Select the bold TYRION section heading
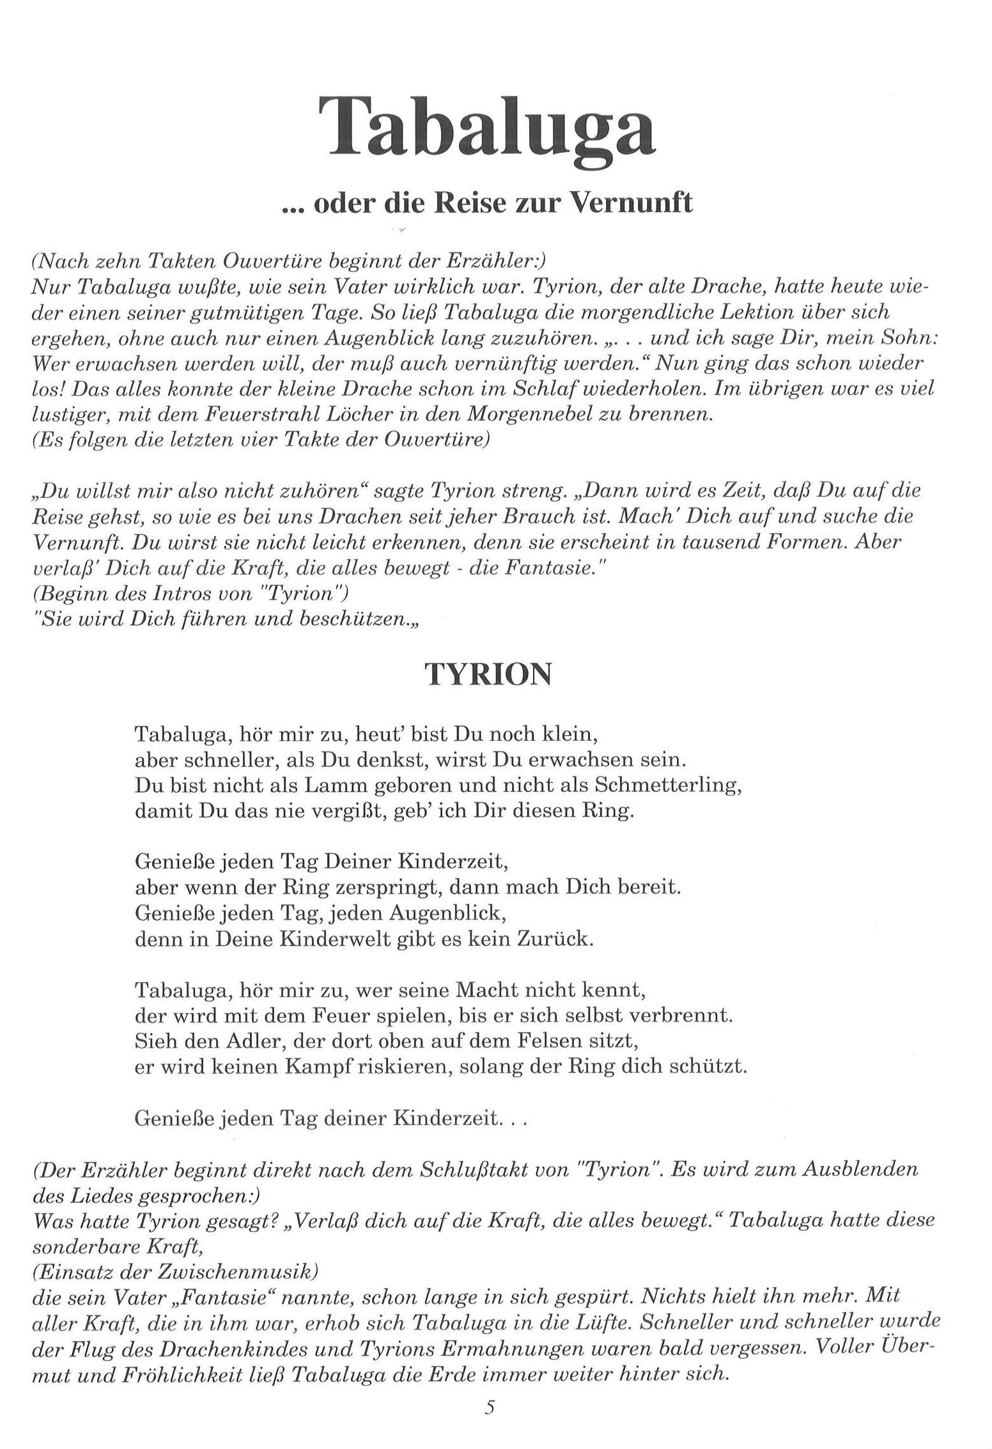click(x=488, y=674)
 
